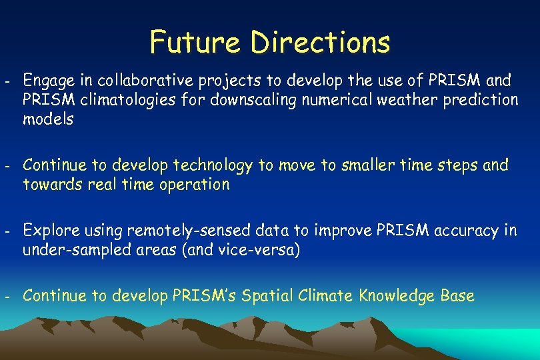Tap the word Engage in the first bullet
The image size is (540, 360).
click(46, 81)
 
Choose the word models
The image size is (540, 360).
click(48, 120)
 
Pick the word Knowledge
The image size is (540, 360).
click(396, 295)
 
